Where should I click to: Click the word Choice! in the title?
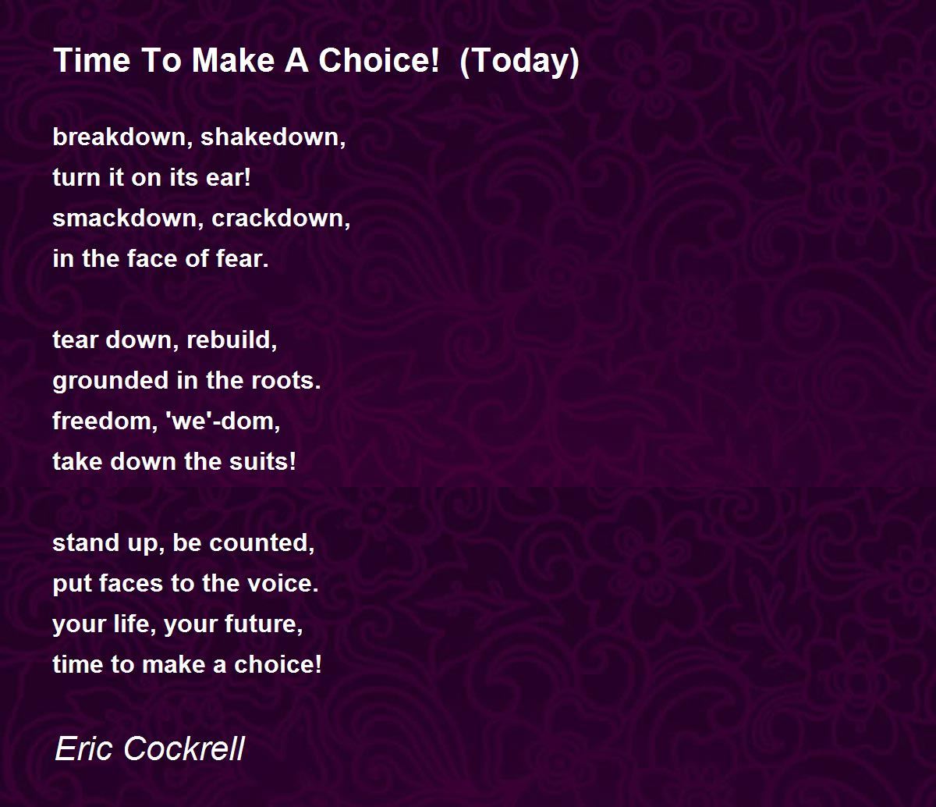(x=378, y=60)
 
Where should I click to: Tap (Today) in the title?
(x=519, y=62)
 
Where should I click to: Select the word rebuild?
(x=232, y=340)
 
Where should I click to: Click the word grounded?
(x=111, y=381)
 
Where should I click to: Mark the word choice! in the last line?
(x=278, y=664)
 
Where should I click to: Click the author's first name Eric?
(x=83, y=748)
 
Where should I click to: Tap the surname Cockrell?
(x=184, y=748)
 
